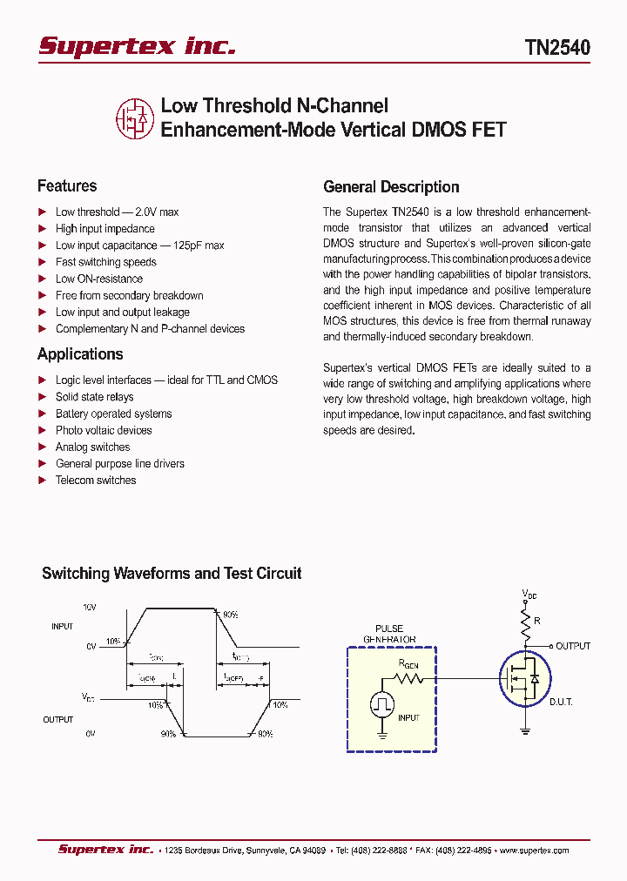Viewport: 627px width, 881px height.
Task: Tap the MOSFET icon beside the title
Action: (134, 118)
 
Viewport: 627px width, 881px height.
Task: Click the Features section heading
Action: (67, 185)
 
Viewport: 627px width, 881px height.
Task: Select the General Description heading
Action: (391, 186)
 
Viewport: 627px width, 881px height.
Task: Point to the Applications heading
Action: (80, 353)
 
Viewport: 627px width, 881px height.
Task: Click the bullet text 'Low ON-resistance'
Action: (99, 279)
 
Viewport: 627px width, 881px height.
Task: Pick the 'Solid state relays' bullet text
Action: (95, 397)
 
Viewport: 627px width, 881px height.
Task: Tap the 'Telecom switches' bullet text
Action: (96, 480)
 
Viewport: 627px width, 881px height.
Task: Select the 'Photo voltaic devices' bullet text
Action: (104, 430)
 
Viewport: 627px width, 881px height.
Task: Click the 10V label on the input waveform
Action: (90, 606)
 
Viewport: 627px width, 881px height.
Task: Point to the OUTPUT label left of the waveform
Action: (58, 720)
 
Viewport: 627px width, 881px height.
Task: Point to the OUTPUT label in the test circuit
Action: (573, 646)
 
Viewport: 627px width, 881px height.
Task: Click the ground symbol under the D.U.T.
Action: (526, 730)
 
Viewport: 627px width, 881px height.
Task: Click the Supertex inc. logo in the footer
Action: (105, 850)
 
